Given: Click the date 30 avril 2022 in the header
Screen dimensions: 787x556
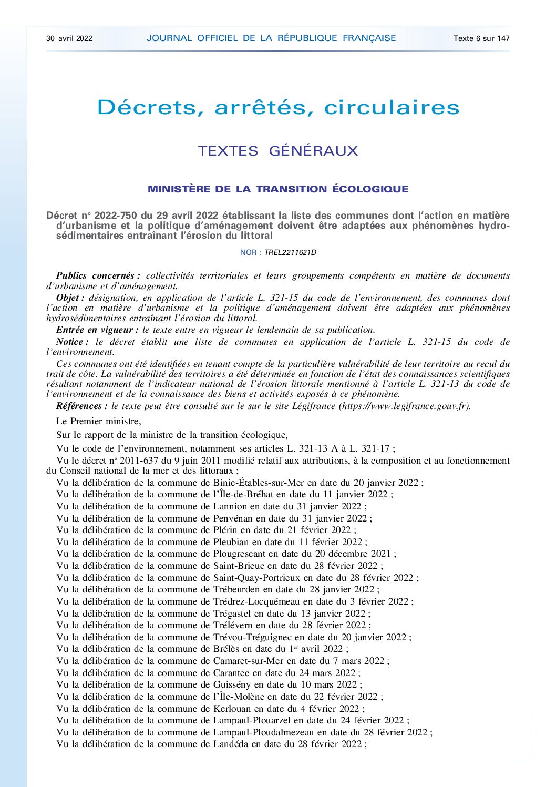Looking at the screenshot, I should click(69, 38).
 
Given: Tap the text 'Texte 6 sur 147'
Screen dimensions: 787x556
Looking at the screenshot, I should click(481, 38).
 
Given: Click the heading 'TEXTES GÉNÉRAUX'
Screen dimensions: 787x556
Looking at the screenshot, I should click(277, 151).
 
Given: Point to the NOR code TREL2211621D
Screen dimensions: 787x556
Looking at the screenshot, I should click(290, 252).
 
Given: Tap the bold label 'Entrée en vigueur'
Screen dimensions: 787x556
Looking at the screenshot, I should click(96, 330).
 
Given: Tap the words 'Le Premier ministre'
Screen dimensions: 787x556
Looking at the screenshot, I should click(98, 421).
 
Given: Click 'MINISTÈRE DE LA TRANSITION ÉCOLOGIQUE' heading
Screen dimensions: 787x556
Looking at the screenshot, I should click(277, 189).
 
